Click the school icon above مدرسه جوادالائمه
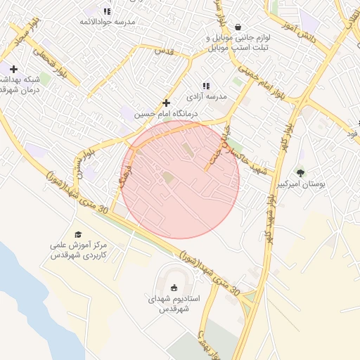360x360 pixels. (x=107, y=11)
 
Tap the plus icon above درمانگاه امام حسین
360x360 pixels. (x=166, y=103)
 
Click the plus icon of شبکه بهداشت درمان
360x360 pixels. (x=13, y=69)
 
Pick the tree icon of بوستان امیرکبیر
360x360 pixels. (x=301, y=172)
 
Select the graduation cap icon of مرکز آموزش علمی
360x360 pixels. (x=78, y=235)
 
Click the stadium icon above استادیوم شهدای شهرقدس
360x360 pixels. (x=174, y=287)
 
